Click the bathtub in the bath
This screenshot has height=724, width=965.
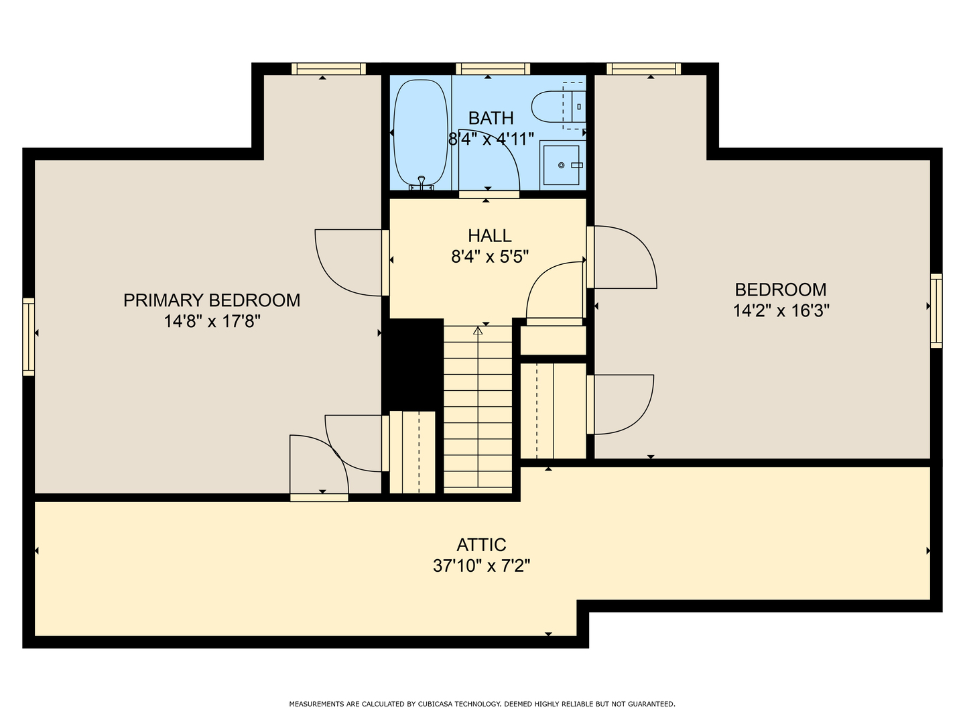click(421, 133)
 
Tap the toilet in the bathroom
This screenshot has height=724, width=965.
click(558, 107)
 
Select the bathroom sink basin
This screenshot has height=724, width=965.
click(562, 166)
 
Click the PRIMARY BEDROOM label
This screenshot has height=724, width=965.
click(212, 300)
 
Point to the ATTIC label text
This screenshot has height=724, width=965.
click(481, 545)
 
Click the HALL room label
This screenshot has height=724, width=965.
click(489, 235)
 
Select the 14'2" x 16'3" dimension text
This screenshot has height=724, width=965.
click(781, 311)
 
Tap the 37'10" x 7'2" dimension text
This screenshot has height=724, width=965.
click(481, 566)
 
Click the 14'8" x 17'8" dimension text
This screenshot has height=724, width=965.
click(212, 321)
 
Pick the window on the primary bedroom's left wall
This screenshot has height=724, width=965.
click(29, 337)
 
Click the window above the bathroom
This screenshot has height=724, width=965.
click(493, 69)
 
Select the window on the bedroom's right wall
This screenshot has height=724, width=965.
click(936, 311)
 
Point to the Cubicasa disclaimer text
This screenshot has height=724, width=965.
click(482, 704)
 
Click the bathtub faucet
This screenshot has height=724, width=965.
click(422, 182)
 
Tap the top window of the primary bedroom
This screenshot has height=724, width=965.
click(328, 69)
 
